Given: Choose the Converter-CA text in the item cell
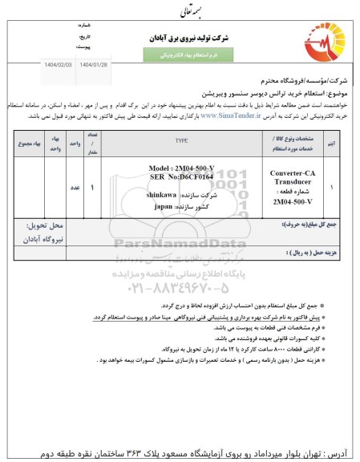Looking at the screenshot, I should coord(292,171).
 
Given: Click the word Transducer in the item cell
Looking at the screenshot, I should coord(292,180).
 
